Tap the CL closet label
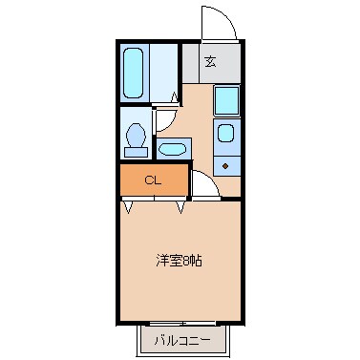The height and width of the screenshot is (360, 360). pos(153,180)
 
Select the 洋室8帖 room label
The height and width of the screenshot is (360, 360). pos(179,260)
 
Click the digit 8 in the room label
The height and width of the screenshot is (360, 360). pos(187,260)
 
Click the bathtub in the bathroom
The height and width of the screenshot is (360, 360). pos(134,73)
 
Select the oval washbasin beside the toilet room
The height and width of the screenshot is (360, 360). pos(173,148)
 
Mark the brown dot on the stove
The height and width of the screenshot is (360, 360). pos(226,164)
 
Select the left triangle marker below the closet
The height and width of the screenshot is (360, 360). pos(128,206)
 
